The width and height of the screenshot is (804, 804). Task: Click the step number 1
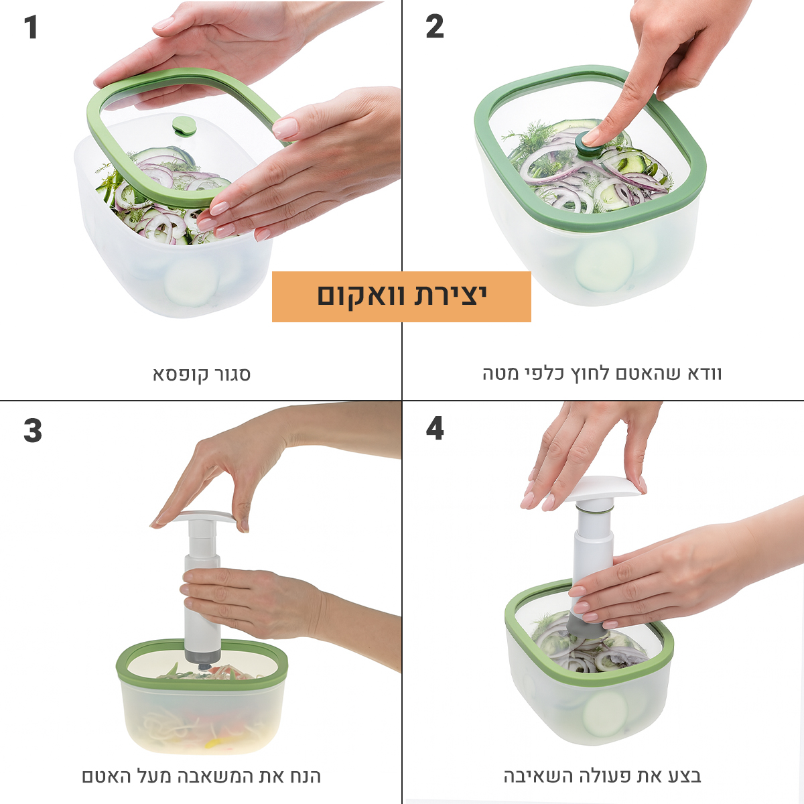click(x=31, y=27)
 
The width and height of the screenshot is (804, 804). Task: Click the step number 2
click(x=434, y=27)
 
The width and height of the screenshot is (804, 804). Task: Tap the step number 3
click(x=33, y=430)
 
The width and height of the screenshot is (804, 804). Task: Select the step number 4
click(x=434, y=429)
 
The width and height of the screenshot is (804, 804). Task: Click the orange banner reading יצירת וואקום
click(x=401, y=297)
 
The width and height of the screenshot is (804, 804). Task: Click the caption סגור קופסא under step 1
click(x=202, y=375)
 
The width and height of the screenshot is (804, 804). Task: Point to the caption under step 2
click(x=602, y=373)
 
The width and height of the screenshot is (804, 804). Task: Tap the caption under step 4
click(x=602, y=776)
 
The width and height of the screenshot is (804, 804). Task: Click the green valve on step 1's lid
click(x=184, y=126)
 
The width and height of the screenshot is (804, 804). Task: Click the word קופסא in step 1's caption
click(x=178, y=375)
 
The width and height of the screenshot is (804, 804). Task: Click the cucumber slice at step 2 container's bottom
click(x=604, y=264)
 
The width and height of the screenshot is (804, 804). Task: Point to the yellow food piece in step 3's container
click(x=217, y=754)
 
